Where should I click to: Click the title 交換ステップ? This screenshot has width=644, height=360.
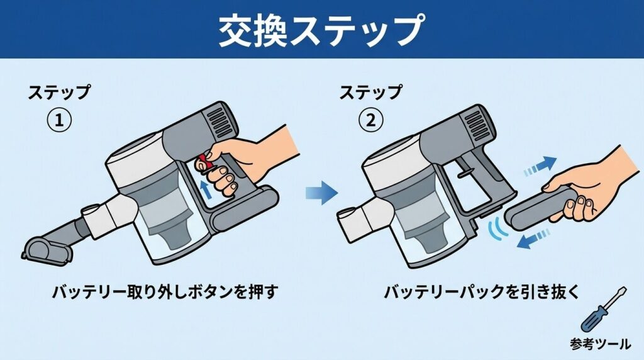321,29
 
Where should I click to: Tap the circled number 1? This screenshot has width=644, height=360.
58,120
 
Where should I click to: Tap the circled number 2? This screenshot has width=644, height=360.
370,120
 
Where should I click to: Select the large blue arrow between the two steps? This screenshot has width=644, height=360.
321,191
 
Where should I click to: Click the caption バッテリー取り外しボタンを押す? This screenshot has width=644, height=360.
165,292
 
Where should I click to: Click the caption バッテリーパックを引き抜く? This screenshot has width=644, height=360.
481,292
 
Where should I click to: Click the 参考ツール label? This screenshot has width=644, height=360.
601,344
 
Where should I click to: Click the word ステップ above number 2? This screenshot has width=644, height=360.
370,93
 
